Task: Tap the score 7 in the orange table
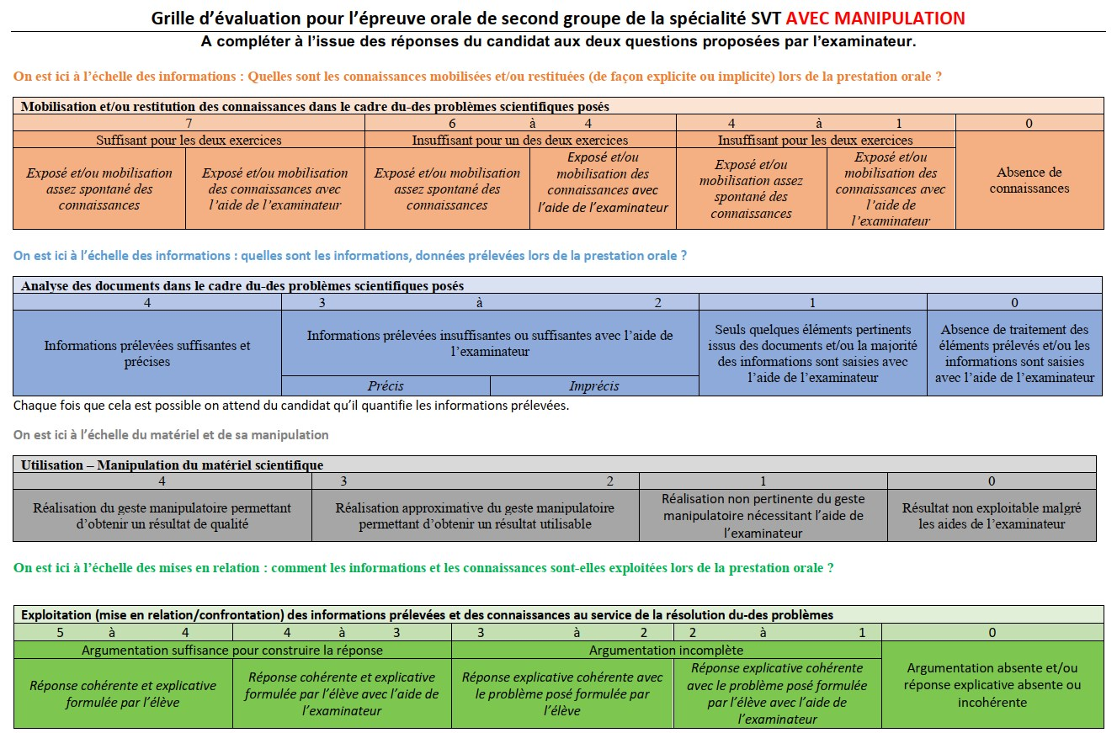point(189,123)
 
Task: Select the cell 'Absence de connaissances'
point(1029,180)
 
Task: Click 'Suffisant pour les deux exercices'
point(189,140)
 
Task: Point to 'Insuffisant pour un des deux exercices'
point(519,140)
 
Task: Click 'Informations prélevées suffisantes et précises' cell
point(147,353)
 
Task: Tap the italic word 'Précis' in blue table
point(386,386)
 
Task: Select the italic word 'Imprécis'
point(593,386)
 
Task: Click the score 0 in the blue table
point(1014,302)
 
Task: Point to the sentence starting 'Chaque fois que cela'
point(291,406)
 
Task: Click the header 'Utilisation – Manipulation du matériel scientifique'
point(172,465)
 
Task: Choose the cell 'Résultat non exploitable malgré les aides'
point(992,516)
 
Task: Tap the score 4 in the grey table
point(162,481)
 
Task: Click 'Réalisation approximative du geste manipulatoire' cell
point(475,516)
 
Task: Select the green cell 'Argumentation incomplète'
point(666,650)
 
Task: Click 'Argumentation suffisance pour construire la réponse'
point(232,650)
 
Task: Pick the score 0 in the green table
point(992,633)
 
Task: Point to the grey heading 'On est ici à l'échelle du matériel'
point(171,435)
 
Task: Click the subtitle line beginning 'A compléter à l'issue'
point(558,41)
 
